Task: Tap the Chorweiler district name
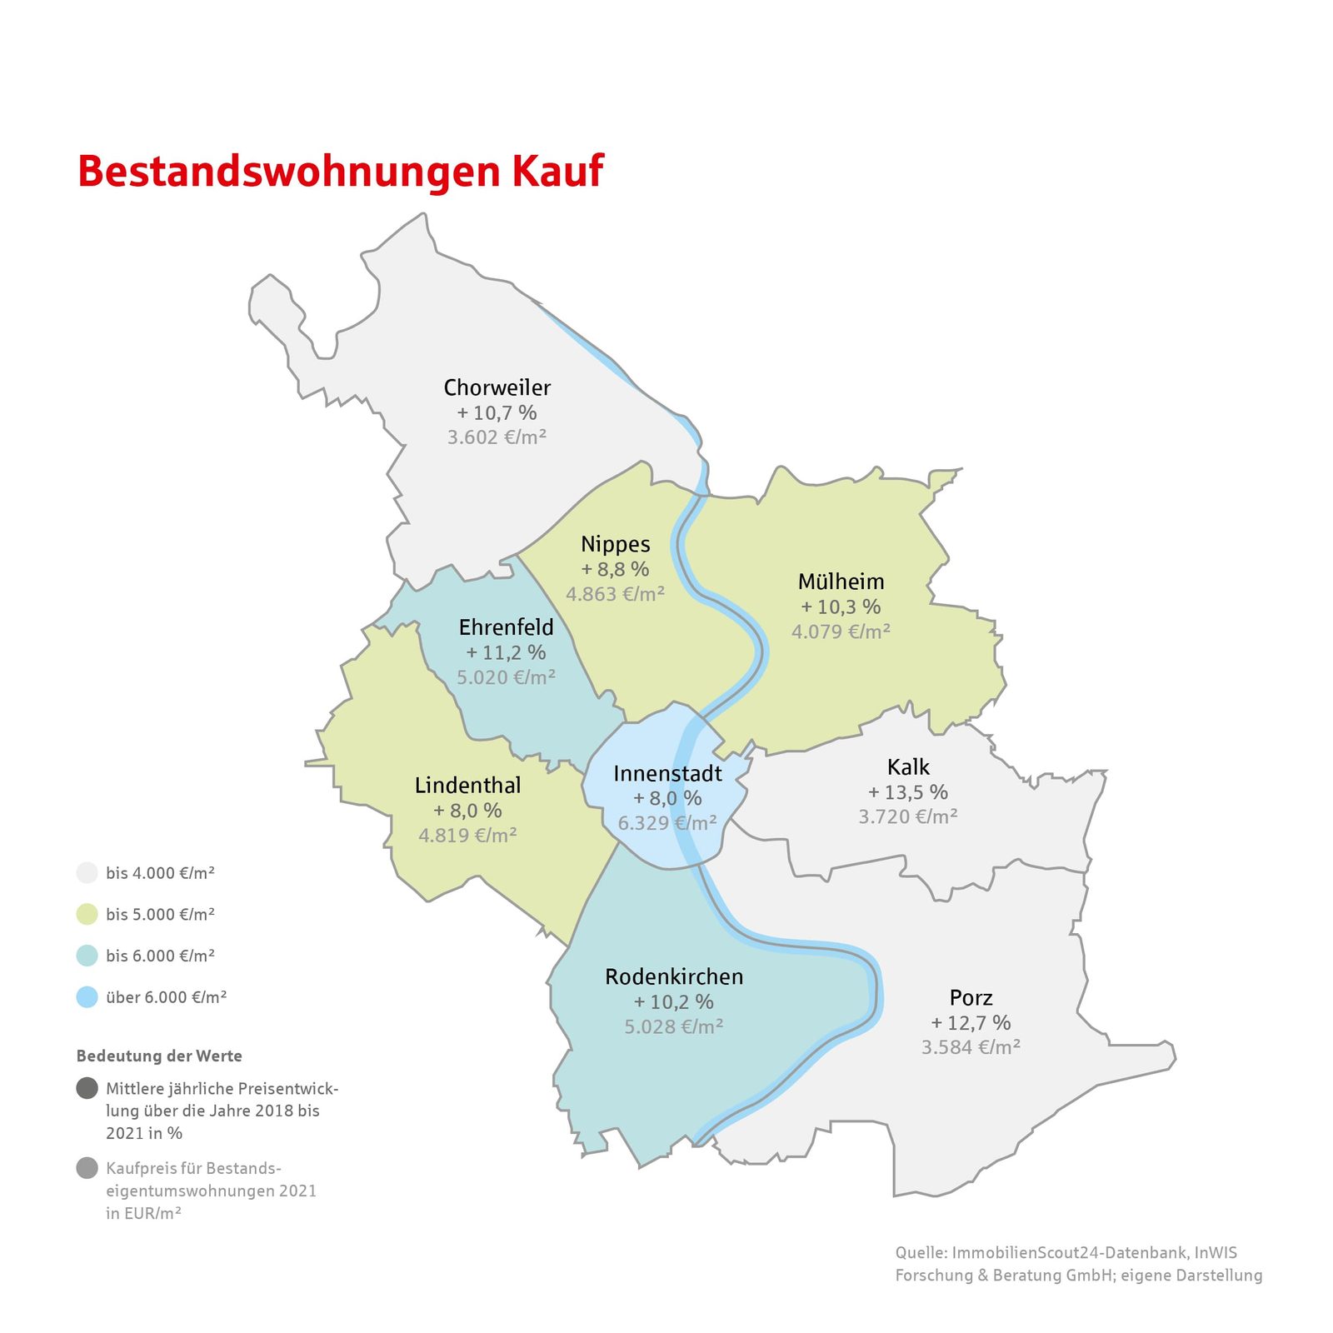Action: (x=497, y=387)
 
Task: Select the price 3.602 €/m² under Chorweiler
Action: (x=497, y=437)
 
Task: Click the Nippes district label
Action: (x=615, y=544)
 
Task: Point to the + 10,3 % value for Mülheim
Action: (x=841, y=607)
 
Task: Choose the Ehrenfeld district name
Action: (x=506, y=627)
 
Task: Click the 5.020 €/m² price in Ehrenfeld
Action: (x=506, y=677)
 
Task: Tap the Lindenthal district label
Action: (x=467, y=786)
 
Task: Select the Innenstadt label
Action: (x=667, y=773)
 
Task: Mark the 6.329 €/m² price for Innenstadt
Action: (x=666, y=823)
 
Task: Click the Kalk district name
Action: (x=908, y=766)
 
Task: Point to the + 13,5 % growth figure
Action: (x=908, y=792)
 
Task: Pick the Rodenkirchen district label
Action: (x=674, y=976)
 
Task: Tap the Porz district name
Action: (x=971, y=997)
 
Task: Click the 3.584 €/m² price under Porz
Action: (x=971, y=1047)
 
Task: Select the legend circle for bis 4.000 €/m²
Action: (x=87, y=873)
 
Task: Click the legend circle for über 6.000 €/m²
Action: (x=87, y=997)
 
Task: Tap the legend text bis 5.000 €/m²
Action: (x=160, y=915)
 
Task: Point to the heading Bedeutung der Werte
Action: (x=159, y=1056)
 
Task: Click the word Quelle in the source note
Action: (x=921, y=1253)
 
